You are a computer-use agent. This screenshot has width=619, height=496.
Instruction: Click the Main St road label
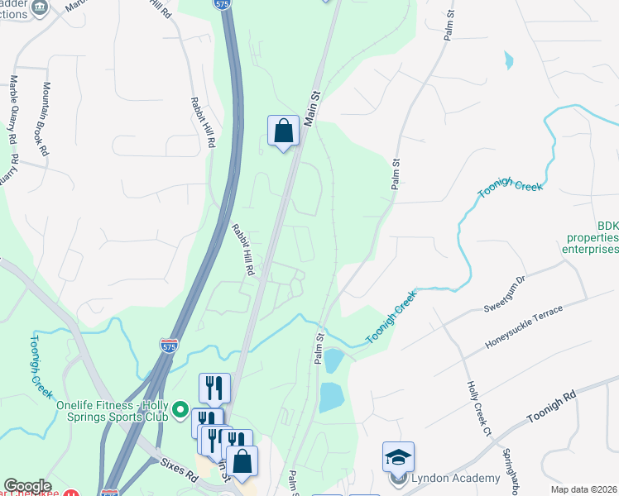(312, 109)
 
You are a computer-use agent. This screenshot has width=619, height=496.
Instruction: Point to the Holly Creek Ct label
(479, 408)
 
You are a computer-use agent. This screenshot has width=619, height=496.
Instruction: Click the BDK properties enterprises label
(591, 237)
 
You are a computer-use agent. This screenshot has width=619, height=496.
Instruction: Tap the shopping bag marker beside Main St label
(283, 131)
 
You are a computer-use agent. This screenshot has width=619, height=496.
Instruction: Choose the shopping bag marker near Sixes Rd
(242, 461)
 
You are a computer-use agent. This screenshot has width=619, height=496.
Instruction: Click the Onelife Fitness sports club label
(113, 411)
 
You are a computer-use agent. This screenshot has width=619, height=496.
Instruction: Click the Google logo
(26, 486)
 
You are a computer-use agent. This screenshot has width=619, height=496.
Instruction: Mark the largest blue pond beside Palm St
(331, 398)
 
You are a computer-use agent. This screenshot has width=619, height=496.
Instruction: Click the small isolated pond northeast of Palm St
(508, 60)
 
